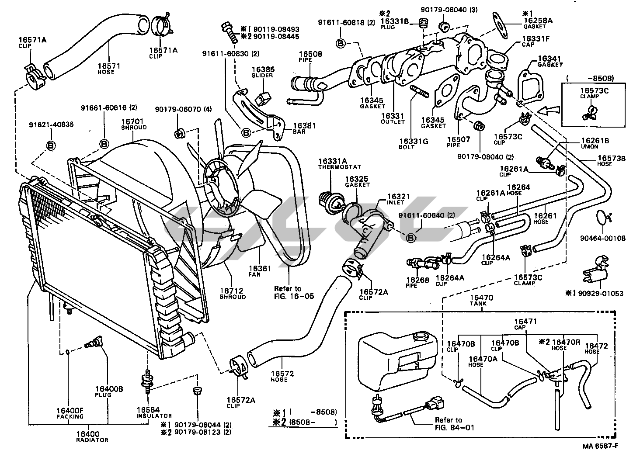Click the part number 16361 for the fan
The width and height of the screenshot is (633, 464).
(260, 268)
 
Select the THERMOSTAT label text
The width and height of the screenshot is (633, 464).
(334, 167)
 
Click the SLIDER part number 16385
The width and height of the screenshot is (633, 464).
(262, 69)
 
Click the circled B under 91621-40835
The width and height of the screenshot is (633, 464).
(51, 145)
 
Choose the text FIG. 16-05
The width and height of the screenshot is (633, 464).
(294, 296)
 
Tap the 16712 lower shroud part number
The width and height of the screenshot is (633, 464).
(232, 291)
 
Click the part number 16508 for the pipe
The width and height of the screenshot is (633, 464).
(311, 54)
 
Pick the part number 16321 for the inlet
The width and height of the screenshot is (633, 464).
(398, 197)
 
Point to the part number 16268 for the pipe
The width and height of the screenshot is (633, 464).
(417, 280)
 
